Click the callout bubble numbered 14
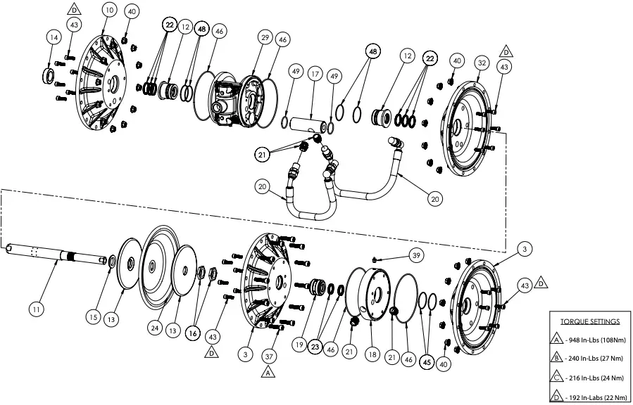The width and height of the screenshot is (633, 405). (x=54, y=37)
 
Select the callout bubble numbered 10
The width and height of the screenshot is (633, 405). (x=108, y=10)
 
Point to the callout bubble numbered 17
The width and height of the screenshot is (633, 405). (x=314, y=72)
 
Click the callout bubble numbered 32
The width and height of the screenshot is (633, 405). (x=482, y=62)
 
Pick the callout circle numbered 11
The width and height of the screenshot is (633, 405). (x=36, y=308)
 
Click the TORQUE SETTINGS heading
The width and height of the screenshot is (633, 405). (x=589, y=321)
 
